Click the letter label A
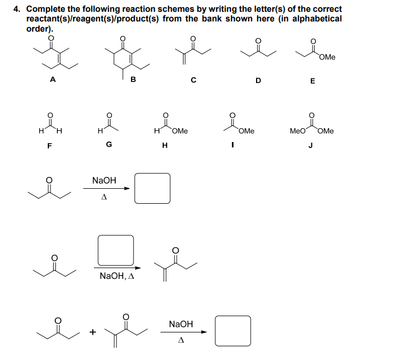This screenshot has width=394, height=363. [x=52, y=80]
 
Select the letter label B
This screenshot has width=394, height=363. [x=133, y=80]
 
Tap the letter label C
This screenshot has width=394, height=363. [x=193, y=80]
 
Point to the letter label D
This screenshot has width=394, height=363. [x=258, y=80]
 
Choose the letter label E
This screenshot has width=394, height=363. [x=313, y=81]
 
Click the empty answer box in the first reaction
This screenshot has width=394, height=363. [x=152, y=188]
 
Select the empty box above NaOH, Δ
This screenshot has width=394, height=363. [x=115, y=250]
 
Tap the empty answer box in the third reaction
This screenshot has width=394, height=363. [x=232, y=331]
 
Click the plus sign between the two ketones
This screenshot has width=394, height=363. [x=92, y=332]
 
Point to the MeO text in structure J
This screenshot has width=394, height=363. [x=297, y=131]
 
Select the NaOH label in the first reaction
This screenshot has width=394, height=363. [x=104, y=181]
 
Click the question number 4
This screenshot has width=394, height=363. [x=17, y=9]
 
